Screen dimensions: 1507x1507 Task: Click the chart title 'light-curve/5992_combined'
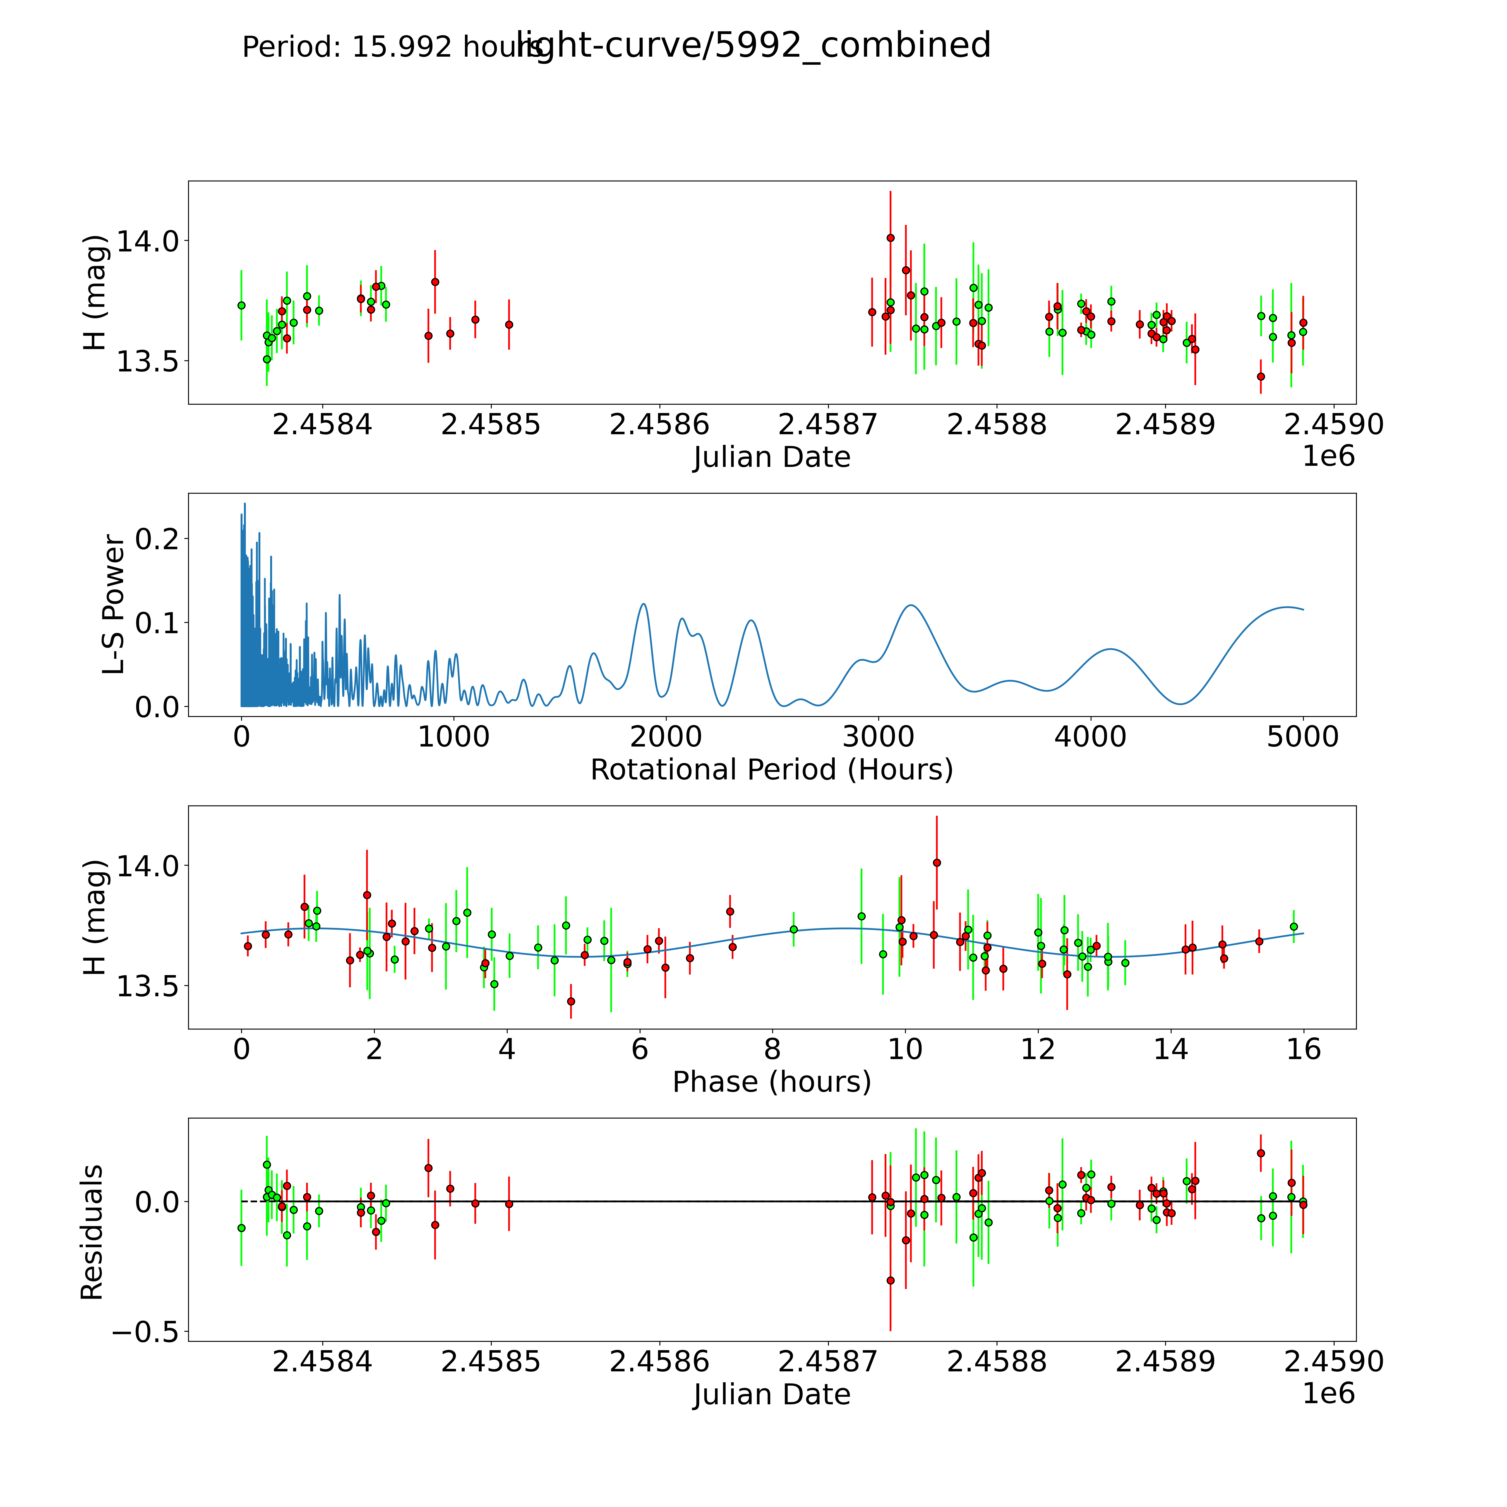(753, 45)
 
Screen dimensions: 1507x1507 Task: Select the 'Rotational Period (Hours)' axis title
(771, 770)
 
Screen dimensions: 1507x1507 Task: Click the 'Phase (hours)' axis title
(771, 1082)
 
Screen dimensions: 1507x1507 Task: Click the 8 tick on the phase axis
(772, 1049)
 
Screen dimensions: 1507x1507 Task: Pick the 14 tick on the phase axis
(1170, 1049)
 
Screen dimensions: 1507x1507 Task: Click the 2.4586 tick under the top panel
(659, 425)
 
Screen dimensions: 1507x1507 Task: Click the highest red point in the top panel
(890, 238)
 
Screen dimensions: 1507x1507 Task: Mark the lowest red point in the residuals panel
(890, 1280)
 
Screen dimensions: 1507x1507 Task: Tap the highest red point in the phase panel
(937, 863)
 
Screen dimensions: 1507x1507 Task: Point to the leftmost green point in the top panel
(241, 305)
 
